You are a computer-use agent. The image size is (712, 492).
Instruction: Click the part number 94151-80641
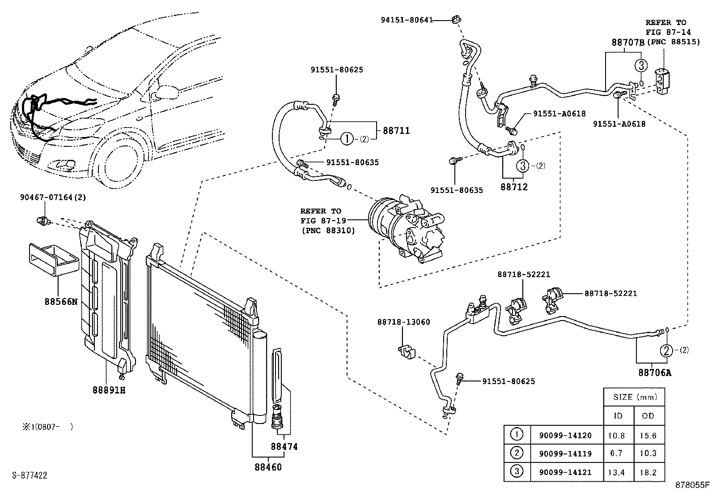tap(407, 20)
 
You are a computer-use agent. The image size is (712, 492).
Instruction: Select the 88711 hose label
tap(396, 130)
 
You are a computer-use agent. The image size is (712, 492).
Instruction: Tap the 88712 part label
tap(514, 187)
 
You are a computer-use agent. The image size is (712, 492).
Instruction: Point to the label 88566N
tap(61, 301)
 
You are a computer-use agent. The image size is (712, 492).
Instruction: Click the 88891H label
tap(109, 390)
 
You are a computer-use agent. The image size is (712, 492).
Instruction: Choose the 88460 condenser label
tap(268, 467)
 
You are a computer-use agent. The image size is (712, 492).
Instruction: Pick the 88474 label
tap(284, 446)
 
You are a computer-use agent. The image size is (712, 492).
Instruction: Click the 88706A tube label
tap(655, 372)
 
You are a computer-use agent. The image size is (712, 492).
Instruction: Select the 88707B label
tap(628, 43)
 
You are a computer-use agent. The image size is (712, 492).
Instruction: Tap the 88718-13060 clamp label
tap(404, 322)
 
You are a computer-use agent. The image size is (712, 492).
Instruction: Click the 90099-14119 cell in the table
tap(565, 453)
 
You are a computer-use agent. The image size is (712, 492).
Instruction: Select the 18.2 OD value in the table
tap(648, 472)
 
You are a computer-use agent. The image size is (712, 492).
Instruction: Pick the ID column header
tap(618, 415)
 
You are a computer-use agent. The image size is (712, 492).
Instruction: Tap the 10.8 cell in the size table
tap(616, 435)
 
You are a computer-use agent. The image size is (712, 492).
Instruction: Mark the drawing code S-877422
tap(30, 475)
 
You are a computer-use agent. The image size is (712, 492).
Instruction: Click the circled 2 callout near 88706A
tap(666, 351)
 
